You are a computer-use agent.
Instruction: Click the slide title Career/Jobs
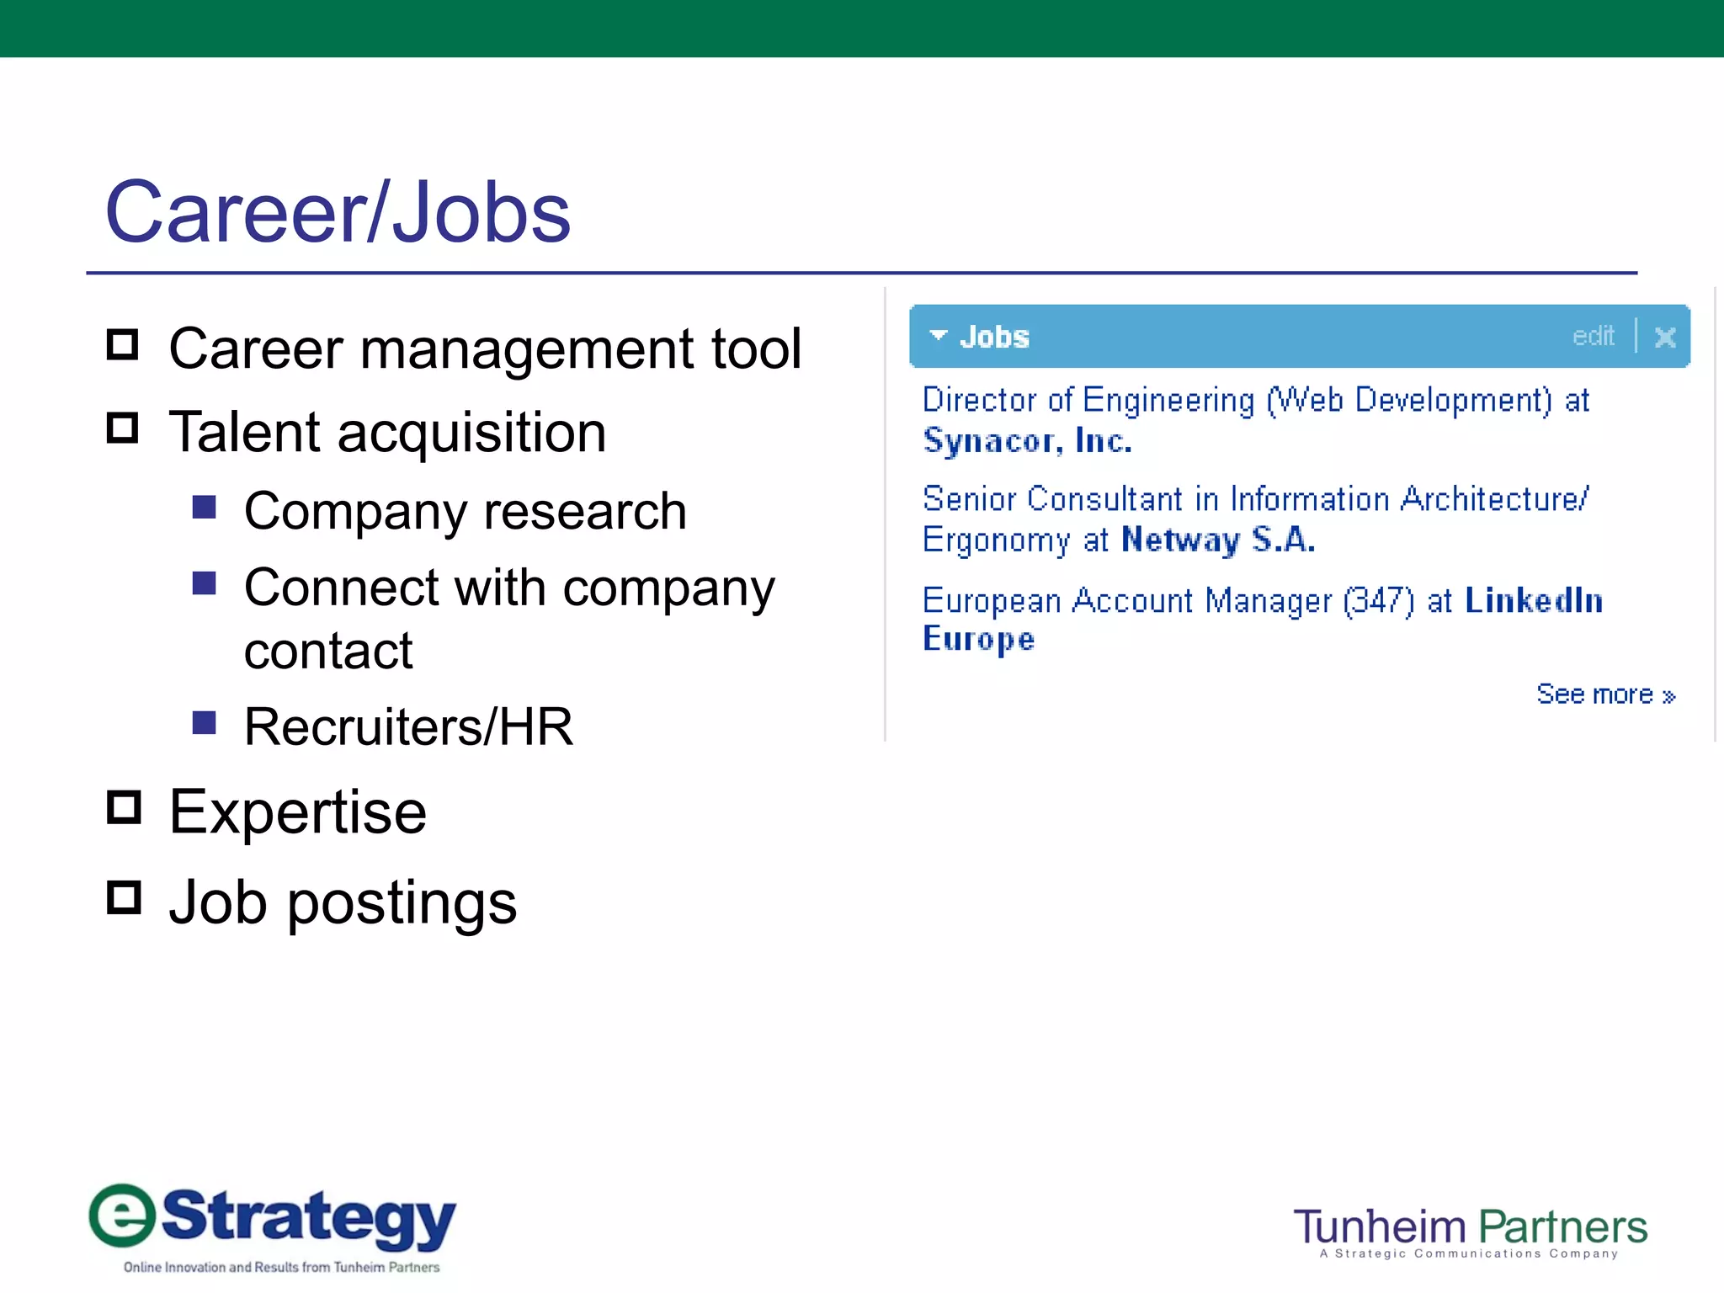(338, 212)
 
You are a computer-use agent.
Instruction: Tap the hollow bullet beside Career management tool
(123, 344)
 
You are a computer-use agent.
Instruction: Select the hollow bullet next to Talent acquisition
(123, 428)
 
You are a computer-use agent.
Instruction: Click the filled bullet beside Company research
(205, 507)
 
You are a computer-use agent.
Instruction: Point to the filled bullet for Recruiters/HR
(205, 722)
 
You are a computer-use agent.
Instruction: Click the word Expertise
(298, 812)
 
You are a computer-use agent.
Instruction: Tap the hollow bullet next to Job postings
(124, 897)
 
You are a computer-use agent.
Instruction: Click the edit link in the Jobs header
(1593, 337)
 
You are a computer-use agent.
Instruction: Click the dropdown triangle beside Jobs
(938, 336)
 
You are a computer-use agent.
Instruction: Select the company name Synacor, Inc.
(1027, 441)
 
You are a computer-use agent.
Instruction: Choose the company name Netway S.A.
(1218, 540)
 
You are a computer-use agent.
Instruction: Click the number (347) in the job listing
(1379, 601)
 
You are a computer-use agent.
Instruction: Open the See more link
(1605, 694)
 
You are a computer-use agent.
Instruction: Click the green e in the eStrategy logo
(123, 1216)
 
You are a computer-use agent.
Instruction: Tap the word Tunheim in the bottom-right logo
(1380, 1227)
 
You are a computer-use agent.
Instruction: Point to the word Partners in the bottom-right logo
(1562, 1227)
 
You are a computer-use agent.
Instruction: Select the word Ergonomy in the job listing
(997, 540)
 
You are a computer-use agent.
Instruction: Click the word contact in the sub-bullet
(328, 651)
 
